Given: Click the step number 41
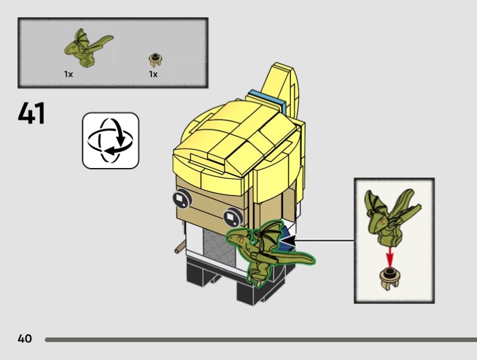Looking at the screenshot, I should point(32,113).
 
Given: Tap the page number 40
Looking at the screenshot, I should point(24,339).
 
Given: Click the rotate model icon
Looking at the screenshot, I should point(110,140).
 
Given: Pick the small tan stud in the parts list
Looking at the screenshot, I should point(156,59).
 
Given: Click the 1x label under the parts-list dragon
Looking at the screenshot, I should point(69,75).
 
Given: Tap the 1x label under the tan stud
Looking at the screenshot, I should point(153,75).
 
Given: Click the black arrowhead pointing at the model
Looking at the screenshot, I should point(288,241).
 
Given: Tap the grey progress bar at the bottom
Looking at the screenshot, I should point(256,339).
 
